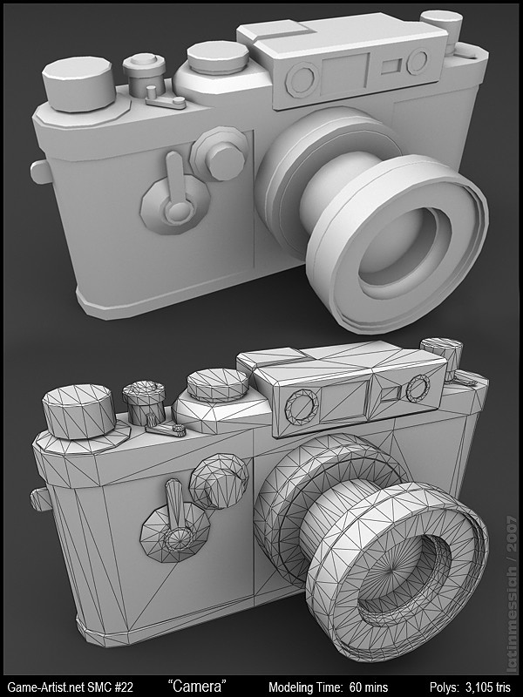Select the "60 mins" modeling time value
click(369, 687)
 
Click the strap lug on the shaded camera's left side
click(38, 171)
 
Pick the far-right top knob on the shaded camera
click(440, 26)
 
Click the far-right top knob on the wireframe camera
click(443, 355)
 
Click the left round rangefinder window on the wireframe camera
click(302, 407)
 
